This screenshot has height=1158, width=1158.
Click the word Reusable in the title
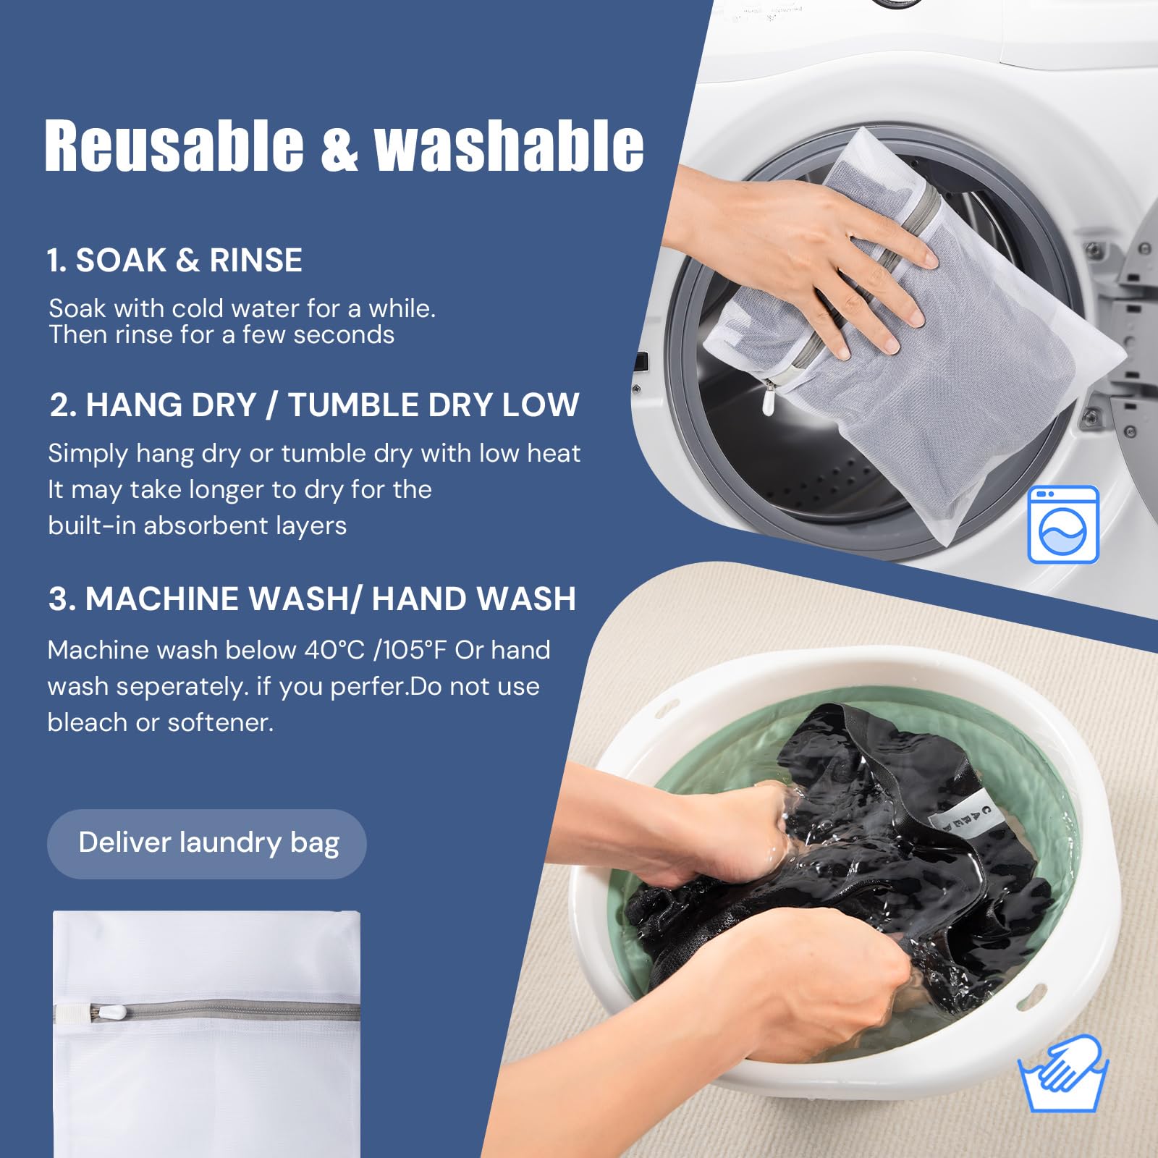coord(174,146)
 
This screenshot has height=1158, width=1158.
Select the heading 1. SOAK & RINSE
coord(174,261)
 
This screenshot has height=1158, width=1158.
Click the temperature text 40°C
coord(334,650)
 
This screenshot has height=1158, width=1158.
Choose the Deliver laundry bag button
coord(207,843)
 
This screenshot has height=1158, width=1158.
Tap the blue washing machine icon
coord(1063,525)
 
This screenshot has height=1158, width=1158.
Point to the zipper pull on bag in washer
coord(769,400)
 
